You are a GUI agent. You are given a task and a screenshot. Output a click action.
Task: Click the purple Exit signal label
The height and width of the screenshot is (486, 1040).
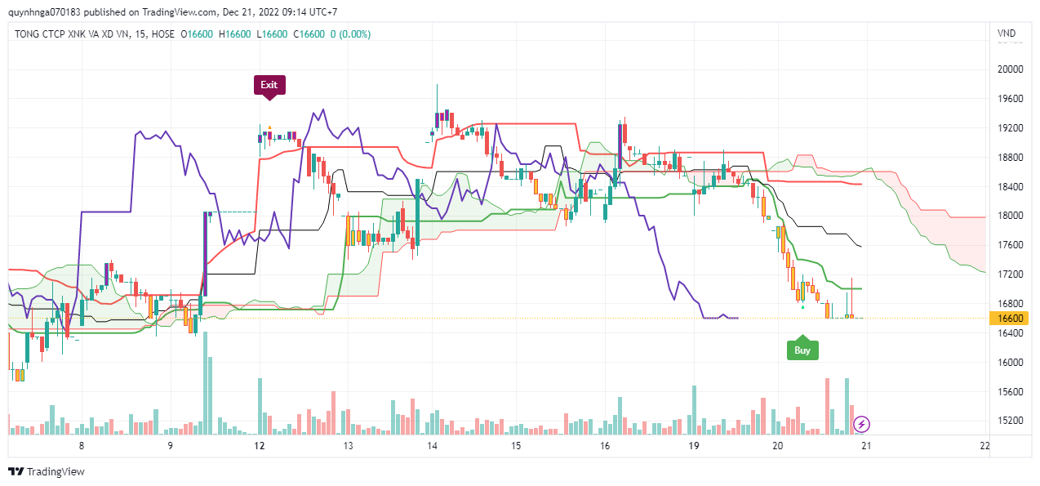(269, 85)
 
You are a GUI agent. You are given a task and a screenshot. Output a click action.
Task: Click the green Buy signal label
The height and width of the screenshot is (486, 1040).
(802, 350)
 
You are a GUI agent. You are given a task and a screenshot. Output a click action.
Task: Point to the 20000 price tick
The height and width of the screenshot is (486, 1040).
(1010, 69)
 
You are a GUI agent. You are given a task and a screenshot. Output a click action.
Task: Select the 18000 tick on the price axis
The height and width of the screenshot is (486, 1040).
(1010, 216)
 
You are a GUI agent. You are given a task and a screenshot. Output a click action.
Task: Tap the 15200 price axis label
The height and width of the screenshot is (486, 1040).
(1010, 421)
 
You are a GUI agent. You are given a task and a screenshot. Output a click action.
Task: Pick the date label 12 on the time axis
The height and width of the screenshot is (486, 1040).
(260, 446)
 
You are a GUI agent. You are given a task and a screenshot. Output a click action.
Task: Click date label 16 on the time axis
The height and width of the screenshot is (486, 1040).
(605, 446)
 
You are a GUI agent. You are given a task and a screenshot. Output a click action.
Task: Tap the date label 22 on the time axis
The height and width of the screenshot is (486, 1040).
(984, 446)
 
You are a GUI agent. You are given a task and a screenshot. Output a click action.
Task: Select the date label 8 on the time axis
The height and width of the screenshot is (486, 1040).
(82, 446)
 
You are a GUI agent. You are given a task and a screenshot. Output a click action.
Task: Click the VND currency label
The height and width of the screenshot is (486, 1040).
(1007, 33)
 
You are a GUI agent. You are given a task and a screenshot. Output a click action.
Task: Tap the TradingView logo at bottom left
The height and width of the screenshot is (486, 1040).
(47, 471)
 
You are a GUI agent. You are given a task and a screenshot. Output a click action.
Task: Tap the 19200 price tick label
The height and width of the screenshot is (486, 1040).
(1010, 128)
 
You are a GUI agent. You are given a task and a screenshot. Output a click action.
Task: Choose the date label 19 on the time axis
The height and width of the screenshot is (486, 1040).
(694, 446)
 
